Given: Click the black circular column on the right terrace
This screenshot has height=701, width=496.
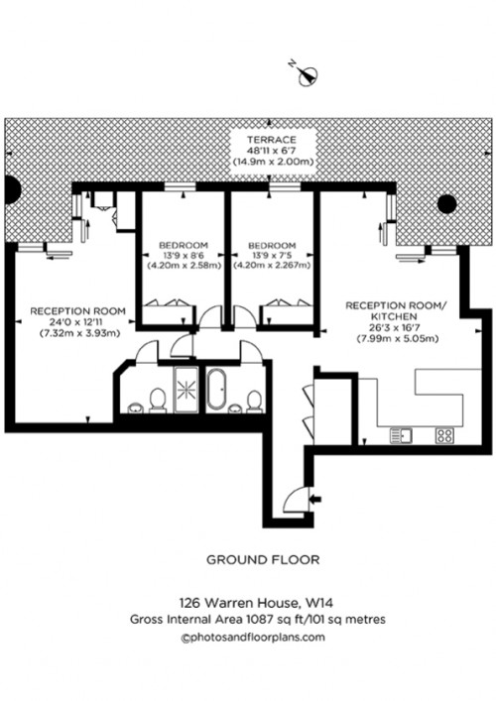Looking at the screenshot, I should (x=446, y=204).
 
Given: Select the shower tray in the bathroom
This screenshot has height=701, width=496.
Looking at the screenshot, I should (x=186, y=389).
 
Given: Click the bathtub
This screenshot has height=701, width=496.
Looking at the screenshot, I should (x=218, y=389).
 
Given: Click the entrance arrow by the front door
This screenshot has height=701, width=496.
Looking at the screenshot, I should (x=316, y=497).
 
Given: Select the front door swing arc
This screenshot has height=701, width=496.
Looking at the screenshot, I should (x=295, y=501).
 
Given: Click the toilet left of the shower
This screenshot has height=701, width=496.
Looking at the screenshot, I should (x=156, y=399).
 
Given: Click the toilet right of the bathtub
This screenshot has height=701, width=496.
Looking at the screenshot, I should (x=253, y=399).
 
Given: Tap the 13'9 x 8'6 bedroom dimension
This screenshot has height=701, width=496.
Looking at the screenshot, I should (x=184, y=256).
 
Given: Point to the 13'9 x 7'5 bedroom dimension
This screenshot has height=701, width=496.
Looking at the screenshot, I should (x=272, y=256).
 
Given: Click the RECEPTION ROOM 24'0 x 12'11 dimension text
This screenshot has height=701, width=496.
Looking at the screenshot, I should (x=76, y=321).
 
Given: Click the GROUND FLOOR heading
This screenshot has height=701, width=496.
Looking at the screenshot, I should (x=263, y=559).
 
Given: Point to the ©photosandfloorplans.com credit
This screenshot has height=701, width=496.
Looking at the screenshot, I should (x=253, y=637).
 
